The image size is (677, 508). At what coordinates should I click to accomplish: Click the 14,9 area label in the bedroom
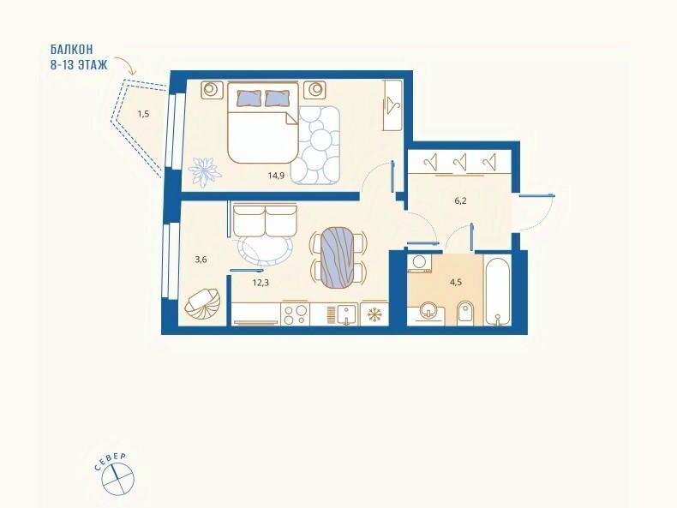tap(276, 176)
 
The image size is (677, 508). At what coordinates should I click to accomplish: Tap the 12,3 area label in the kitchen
tap(261, 283)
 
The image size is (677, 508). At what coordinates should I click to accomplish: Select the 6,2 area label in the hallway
tap(461, 200)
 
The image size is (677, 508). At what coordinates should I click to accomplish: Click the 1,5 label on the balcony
tap(143, 114)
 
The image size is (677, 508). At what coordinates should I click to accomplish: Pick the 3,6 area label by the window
tap(201, 260)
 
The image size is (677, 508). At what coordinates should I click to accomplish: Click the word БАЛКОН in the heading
tap(72, 49)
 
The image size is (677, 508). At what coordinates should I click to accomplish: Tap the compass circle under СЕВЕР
tap(118, 478)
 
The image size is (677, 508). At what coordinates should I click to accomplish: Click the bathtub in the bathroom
tap(498, 290)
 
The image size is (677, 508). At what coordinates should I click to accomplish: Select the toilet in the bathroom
tap(464, 313)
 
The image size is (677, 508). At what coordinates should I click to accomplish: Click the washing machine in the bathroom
tap(420, 263)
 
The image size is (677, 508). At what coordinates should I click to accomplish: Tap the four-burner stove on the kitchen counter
tap(296, 314)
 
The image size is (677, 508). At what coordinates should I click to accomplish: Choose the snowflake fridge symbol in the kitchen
tap(374, 314)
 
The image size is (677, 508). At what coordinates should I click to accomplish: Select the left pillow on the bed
tap(249, 98)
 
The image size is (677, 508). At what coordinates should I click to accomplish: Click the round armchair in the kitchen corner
tap(202, 304)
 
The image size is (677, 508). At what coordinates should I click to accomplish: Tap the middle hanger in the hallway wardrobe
tap(461, 163)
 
